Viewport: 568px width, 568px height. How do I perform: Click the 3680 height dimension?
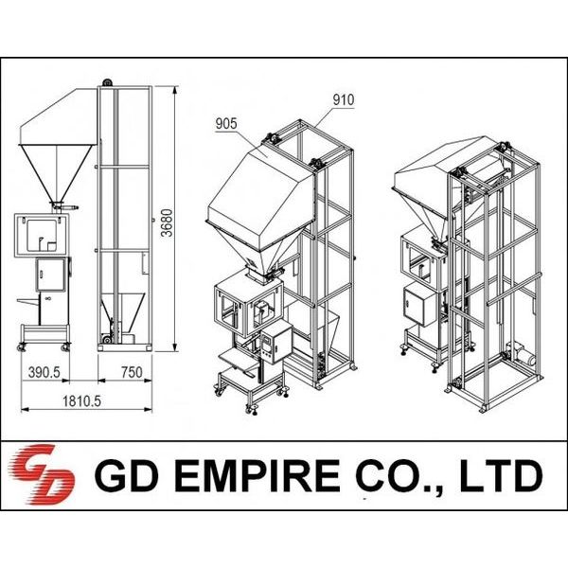click(167, 222)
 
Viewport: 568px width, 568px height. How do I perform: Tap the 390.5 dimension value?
click(44, 372)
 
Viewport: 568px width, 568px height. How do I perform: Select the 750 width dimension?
click(132, 372)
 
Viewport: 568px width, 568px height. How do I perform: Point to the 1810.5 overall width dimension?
click(81, 401)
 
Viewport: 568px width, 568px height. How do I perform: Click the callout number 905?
click(226, 124)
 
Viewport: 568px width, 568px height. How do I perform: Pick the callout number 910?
click(344, 100)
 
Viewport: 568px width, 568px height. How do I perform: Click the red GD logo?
click(42, 474)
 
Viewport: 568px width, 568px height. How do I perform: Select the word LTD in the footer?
click(502, 475)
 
